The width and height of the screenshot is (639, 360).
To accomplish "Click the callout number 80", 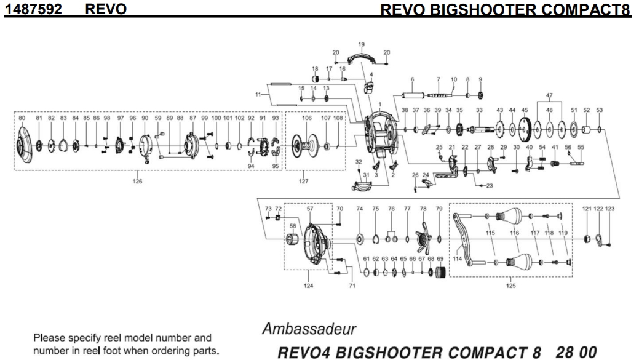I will (22, 118).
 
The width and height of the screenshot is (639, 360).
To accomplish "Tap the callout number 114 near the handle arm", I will (456, 259).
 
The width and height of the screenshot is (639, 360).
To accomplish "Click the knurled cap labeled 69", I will (440, 273).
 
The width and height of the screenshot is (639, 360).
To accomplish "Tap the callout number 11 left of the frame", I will (258, 94).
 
